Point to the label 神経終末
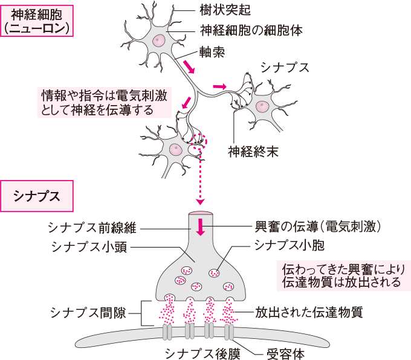click(253, 152)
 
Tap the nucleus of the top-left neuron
click(159, 40)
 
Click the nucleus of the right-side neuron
click(262, 106)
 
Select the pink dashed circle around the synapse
click(197, 140)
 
